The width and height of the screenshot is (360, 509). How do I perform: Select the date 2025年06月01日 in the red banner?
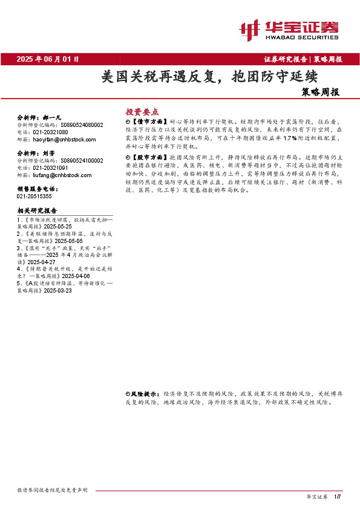[48, 59]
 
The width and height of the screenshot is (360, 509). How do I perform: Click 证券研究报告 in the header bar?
[286, 59]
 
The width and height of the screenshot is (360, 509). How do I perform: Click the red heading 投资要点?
[142, 112]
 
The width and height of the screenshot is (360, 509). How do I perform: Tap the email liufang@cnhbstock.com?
[61, 175]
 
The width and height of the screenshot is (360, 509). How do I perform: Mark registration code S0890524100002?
[82, 161]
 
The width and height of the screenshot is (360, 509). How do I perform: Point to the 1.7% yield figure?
[287, 138]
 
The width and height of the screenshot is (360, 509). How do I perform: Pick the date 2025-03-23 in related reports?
[57, 290]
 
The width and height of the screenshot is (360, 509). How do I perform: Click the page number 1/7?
[338, 496]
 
